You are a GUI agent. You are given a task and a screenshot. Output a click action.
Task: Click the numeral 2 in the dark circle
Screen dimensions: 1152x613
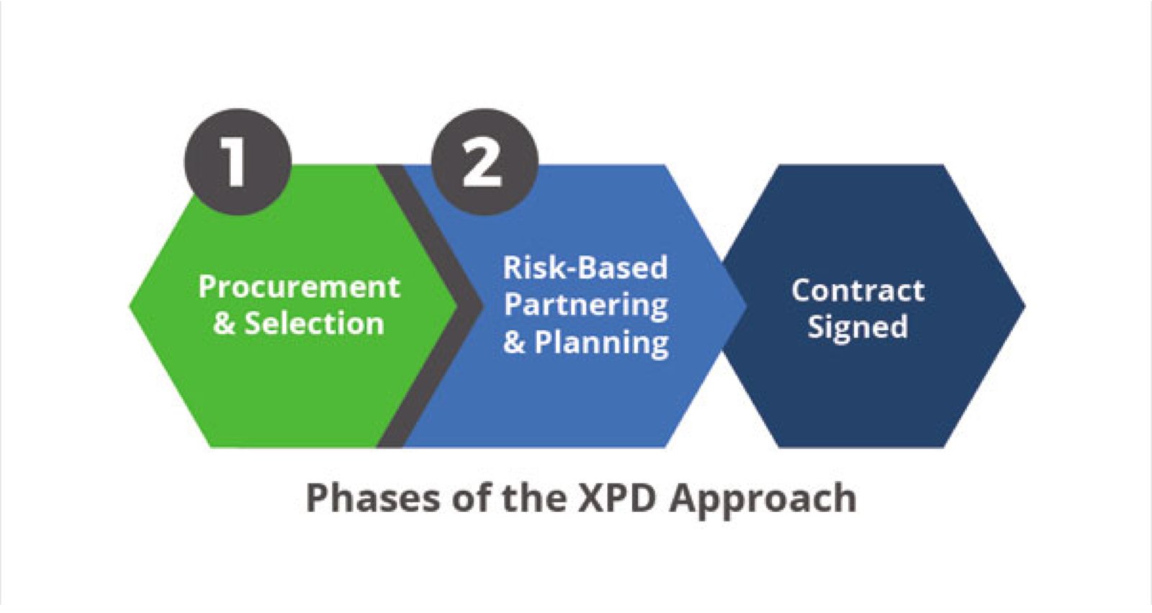(x=482, y=163)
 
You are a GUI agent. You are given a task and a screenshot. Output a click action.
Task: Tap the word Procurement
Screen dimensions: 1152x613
(x=299, y=287)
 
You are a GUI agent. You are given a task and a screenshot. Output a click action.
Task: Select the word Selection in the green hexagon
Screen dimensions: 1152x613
(x=314, y=323)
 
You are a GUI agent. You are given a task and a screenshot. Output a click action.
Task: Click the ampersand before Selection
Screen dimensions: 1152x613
(x=224, y=324)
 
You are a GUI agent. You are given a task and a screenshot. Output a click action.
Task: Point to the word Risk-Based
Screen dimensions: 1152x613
(x=585, y=268)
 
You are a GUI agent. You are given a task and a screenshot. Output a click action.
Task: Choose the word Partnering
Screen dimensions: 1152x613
(x=586, y=305)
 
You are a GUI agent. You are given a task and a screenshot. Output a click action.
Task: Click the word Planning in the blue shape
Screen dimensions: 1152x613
(x=602, y=343)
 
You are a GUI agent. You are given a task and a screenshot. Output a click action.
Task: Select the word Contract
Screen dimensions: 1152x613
(x=858, y=290)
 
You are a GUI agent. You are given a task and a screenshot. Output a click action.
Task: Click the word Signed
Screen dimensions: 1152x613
(x=858, y=327)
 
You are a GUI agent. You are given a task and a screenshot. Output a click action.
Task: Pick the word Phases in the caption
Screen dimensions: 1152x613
(x=373, y=498)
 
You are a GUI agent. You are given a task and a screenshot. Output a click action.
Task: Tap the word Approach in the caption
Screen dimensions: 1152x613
(x=762, y=499)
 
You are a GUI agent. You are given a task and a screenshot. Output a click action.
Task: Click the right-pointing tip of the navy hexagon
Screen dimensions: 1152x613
(x=1025, y=306)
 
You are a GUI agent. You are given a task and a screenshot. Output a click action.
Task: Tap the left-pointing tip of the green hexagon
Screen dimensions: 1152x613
(x=129, y=306)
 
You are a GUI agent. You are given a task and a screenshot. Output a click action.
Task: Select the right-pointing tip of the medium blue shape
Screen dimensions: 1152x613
(x=746, y=306)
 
